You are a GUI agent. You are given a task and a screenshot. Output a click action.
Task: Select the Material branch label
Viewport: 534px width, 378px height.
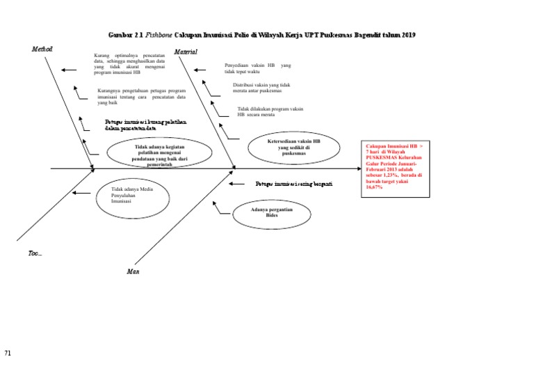[186, 52]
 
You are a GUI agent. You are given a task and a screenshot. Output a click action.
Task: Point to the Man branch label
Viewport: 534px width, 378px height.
[133, 271]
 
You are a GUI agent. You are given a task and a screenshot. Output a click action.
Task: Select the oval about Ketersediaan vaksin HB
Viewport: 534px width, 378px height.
[294, 146]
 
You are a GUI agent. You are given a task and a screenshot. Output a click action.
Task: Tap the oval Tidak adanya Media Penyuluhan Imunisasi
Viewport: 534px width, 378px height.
[132, 195]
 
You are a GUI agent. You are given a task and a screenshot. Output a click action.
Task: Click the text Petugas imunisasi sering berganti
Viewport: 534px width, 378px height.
[293, 184]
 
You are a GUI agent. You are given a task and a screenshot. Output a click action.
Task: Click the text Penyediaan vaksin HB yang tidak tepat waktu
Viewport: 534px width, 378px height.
[257, 68]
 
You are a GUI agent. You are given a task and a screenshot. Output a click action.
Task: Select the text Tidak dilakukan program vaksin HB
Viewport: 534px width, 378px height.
[270, 111]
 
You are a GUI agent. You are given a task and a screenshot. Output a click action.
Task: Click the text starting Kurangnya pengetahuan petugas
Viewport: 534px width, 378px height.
[141, 97]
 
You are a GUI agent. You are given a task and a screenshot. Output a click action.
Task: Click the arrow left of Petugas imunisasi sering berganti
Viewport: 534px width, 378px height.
[238, 184]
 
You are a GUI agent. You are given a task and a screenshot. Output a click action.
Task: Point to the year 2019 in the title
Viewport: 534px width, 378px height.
[416, 35]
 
